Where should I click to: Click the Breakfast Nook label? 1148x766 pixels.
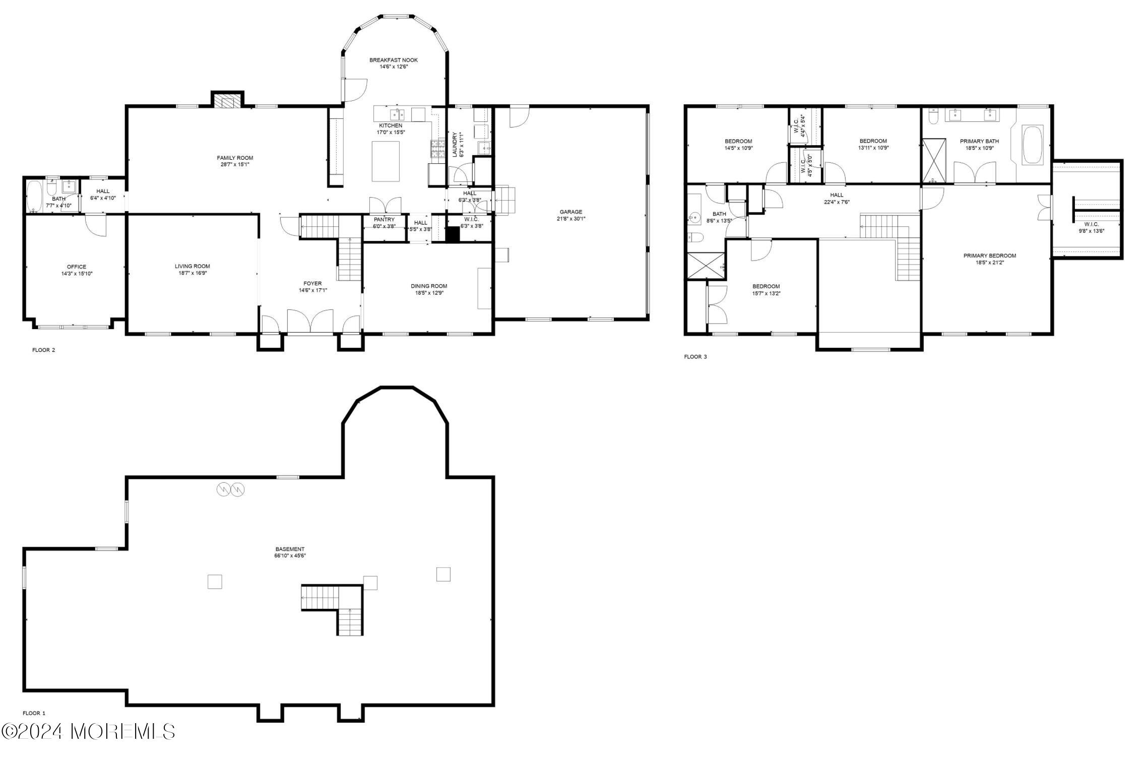[x=393, y=60]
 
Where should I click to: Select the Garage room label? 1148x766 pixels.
[x=570, y=212]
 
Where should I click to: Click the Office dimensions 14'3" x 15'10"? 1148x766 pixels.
[x=77, y=274]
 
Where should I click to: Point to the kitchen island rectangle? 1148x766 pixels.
[x=386, y=161]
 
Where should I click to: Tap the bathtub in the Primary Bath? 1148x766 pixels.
[x=1033, y=144]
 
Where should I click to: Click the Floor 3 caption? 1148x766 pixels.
[x=695, y=357]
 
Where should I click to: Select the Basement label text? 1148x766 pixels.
[x=290, y=549]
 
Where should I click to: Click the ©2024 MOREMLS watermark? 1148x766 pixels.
[x=88, y=731]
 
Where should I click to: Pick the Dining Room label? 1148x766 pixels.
[x=429, y=286]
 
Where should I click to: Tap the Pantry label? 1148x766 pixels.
[x=384, y=219]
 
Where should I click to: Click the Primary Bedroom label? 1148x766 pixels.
[x=989, y=256]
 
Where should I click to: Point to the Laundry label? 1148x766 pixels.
[x=455, y=145]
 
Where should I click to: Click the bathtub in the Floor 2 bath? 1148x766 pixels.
[x=35, y=196]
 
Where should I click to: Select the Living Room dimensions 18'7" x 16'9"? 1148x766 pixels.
[x=192, y=273]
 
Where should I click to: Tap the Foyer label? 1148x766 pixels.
[x=312, y=283]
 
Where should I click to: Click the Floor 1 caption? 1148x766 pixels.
[x=34, y=713]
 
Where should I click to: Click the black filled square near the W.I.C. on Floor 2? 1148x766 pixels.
[x=453, y=234]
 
